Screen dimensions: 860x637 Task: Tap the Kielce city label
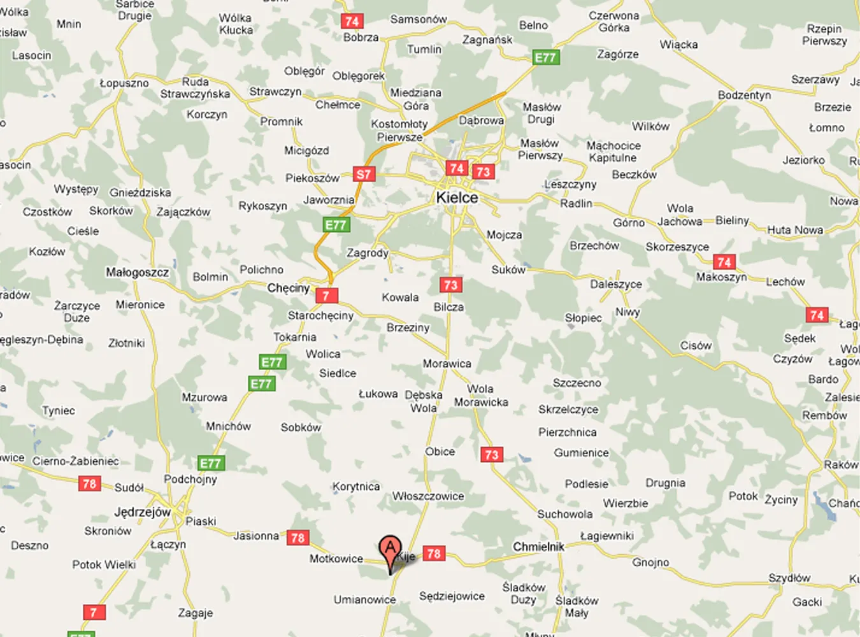[457, 197]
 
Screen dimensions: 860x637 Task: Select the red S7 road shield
[363, 174]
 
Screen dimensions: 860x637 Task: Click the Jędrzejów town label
[142, 512]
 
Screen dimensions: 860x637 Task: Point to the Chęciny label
[288, 288]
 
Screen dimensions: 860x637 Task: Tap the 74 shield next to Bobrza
[352, 21]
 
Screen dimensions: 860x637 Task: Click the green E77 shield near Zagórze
[545, 57]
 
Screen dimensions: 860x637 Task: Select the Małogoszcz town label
[137, 273]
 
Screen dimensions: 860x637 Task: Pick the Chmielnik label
[538, 547]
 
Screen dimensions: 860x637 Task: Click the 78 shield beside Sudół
[89, 483]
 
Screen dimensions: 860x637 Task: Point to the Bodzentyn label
[744, 95]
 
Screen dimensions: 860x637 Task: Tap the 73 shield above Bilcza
[450, 284]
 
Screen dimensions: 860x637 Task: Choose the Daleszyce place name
[615, 284]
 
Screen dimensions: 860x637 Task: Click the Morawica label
[447, 364]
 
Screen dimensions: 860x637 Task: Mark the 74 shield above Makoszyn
[724, 262]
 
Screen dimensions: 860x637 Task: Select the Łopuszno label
[124, 83]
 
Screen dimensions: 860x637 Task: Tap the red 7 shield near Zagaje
[94, 612]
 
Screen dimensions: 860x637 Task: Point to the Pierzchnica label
[567, 433]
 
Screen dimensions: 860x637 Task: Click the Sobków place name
[301, 427]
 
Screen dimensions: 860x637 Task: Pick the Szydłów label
[789, 578]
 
